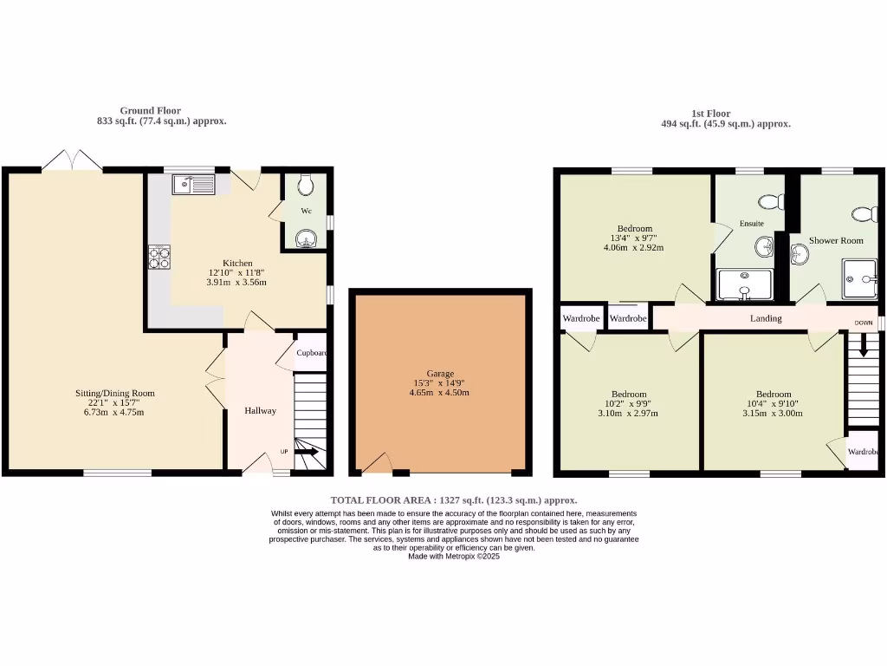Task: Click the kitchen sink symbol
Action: [x=193, y=184]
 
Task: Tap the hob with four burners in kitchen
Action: [x=160, y=257]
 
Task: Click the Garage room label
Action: [x=439, y=374]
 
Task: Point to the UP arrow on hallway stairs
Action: [x=308, y=451]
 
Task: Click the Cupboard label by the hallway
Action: [x=312, y=353]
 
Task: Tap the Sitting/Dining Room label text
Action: [x=114, y=393]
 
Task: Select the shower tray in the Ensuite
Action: [x=744, y=284]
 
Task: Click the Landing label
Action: [x=766, y=318]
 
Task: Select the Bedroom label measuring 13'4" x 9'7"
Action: [x=635, y=229]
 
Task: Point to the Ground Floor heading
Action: [x=151, y=110]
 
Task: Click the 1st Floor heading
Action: [x=710, y=114]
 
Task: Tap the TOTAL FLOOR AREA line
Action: [x=453, y=500]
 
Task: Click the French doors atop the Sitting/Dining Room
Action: [x=72, y=160]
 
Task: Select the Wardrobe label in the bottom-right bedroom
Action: [x=863, y=452]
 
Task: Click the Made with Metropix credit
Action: [x=454, y=556]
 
